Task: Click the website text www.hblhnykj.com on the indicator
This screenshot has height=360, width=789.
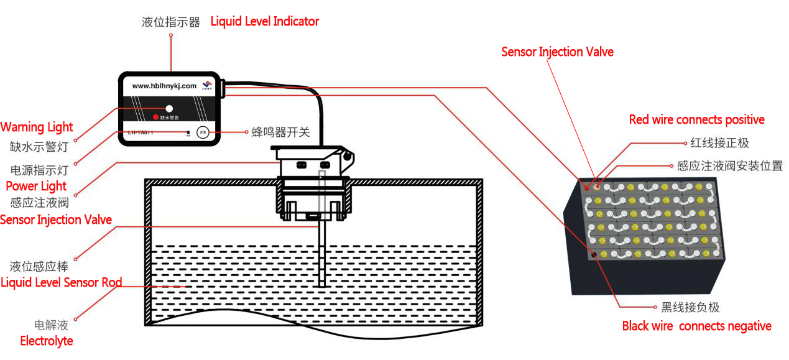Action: pyautogui.click(x=164, y=86)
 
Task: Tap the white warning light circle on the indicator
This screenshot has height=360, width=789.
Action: pyautogui.click(x=169, y=108)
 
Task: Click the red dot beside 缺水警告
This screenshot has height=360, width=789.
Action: pyautogui.click(x=155, y=117)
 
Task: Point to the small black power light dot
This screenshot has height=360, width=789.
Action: pyautogui.click(x=188, y=132)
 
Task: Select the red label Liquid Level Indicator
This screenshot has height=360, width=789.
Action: pyautogui.click(x=264, y=22)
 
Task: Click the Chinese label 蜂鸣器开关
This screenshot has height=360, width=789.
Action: pyautogui.click(x=280, y=132)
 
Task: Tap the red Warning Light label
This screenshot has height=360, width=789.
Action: pyautogui.click(x=37, y=127)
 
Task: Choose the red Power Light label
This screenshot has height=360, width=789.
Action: pyautogui.click(x=36, y=186)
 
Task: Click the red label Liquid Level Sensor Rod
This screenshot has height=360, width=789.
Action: pyautogui.click(x=61, y=283)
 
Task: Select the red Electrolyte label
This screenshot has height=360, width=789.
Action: pyautogui.click(x=47, y=341)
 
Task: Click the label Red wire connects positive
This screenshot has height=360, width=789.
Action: pyautogui.click(x=696, y=120)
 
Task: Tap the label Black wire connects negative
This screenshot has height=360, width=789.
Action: pyautogui.click(x=696, y=326)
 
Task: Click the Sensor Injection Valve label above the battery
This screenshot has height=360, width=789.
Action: pyautogui.click(x=557, y=52)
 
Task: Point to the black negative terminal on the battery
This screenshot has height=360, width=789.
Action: pyautogui.click(x=595, y=255)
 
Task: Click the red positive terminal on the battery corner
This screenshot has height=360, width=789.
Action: pyautogui.click(x=586, y=186)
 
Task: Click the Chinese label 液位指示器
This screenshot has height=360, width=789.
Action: pyautogui.click(x=171, y=22)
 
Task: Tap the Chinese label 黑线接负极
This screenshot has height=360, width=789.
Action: pyautogui.click(x=690, y=307)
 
